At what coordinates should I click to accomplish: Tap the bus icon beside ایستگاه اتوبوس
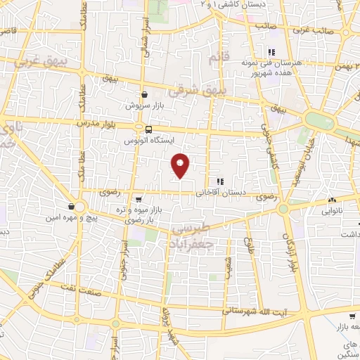(x=148, y=129)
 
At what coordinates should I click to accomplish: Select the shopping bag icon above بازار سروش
(x=144, y=94)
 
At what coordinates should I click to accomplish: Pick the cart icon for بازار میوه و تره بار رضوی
(x=139, y=200)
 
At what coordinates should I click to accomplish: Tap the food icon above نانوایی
(x=311, y=200)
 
